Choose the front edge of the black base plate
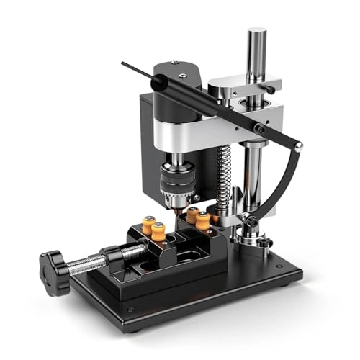point(216,302)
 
